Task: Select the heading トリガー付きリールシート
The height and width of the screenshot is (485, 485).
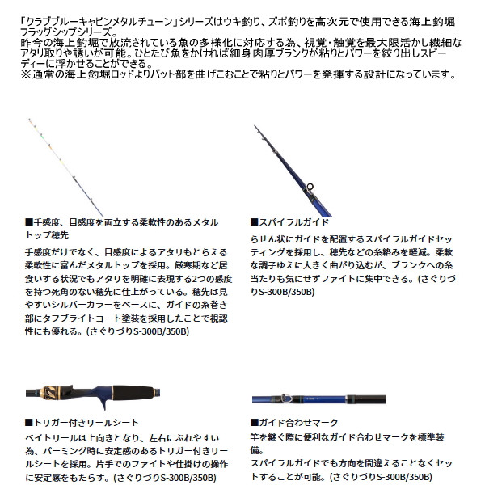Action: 76,423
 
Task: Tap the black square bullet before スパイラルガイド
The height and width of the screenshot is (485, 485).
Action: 254,220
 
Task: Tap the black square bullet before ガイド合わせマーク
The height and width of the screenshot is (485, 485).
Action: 254,423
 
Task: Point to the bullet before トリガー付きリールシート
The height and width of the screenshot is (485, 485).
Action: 29,423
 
